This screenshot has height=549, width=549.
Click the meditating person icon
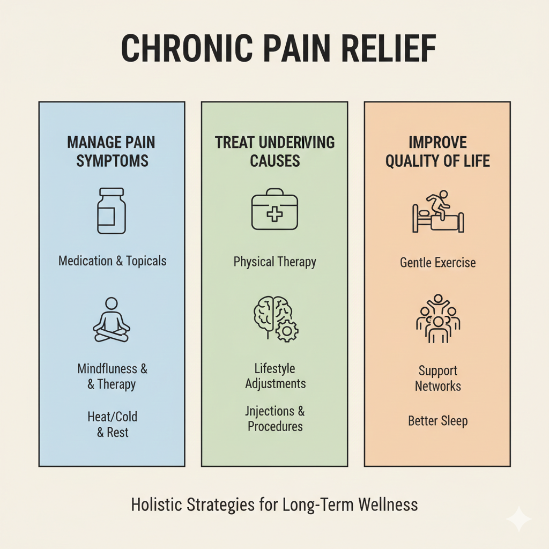pyautogui.click(x=112, y=320)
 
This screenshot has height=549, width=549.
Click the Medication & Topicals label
pyautogui.click(x=112, y=261)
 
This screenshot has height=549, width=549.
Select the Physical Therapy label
pyautogui.click(x=274, y=262)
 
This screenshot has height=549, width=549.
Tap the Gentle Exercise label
pyautogui.click(x=437, y=263)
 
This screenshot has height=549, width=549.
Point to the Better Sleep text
pyautogui.click(x=437, y=421)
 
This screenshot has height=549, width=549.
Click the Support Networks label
pyautogui.click(x=437, y=379)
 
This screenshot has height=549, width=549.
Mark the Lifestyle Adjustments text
pyautogui.click(x=275, y=376)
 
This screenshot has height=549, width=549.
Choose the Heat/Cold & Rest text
pyautogui.click(x=113, y=424)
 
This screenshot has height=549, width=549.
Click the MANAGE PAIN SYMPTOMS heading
pyautogui.click(x=112, y=152)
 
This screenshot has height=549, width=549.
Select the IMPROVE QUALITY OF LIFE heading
pyautogui.click(x=437, y=152)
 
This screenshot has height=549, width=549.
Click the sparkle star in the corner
pyautogui.click(x=518, y=518)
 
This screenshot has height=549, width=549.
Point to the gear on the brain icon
pyautogui.click(x=287, y=331)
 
